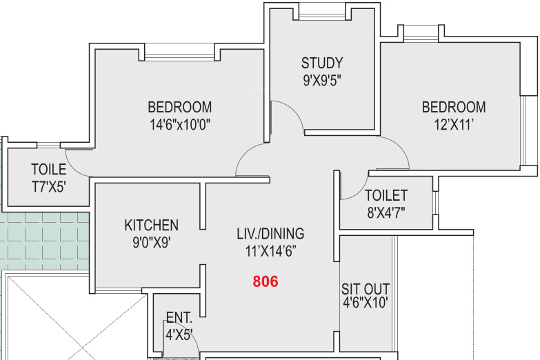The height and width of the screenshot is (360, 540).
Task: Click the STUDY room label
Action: click(x=322, y=63)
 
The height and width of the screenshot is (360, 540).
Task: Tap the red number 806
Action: click(x=266, y=281)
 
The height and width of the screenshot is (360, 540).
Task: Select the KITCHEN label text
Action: click(x=152, y=226)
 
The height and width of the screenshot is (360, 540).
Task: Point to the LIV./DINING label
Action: click(x=270, y=234)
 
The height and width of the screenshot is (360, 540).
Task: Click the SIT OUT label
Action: click(x=366, y=289)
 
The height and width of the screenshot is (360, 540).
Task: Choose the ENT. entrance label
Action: click(x=179, y=318)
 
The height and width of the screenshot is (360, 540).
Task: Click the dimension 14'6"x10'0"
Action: click(x=180, y=124)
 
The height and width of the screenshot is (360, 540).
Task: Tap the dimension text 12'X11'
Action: click(x=454, y=124)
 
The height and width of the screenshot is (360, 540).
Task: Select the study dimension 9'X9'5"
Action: click(x=322, y=80)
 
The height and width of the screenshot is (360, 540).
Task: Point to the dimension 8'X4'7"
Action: click(x=386, y=213)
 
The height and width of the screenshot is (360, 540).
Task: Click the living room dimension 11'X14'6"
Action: click(x=270, y=251)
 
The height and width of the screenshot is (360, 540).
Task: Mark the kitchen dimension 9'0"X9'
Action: click(x=152, y=243)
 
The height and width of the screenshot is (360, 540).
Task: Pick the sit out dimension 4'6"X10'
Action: click(x=366, y=303)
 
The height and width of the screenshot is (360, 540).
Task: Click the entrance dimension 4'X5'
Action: click(x=179, y=334)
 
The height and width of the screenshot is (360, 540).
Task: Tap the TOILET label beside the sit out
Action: click(x=386, y=196)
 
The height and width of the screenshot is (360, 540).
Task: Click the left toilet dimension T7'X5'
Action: click(x=48, y=187)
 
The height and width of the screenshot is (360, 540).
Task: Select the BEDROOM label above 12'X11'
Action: click(x=454, y=107)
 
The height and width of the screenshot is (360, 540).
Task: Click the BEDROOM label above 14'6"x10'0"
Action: click(x=180, y=107)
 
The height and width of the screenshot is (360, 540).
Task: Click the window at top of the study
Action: click(x=322, y=14)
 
